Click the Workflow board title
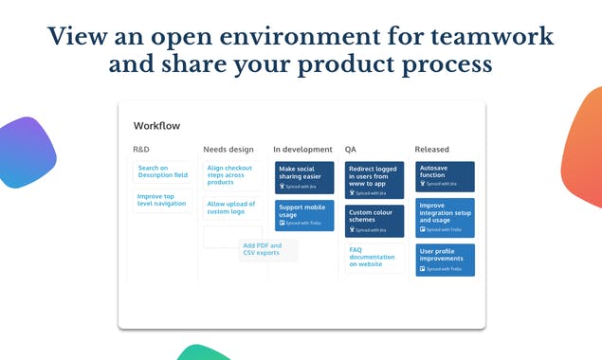click(156, 126)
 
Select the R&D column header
click(141, 150)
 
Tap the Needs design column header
click(228, 150)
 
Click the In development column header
click(302, 150)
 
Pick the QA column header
click(351, 150)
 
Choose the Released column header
click(432, 150)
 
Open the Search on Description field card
click(162, 171)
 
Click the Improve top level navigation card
click(162, 200)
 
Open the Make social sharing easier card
click(304, 177)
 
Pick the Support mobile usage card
click(304, 215)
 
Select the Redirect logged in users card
click(374, 180)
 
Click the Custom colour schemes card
click(374, 220)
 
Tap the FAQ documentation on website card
click(374, 257)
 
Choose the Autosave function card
click(445, 176)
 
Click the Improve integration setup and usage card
click(445, 217)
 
